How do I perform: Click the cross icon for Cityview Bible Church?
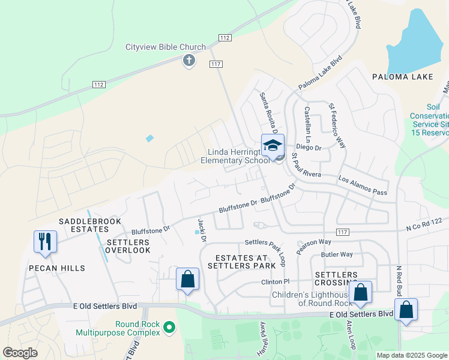189,60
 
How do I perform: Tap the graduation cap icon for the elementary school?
272,146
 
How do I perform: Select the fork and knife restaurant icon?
46,241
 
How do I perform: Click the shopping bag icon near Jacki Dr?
187,279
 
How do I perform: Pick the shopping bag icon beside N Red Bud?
406,310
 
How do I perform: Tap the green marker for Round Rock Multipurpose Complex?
170,328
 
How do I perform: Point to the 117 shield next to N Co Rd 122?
343,232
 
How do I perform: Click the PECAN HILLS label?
55,268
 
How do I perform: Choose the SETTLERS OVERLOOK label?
128,246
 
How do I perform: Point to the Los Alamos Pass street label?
363,185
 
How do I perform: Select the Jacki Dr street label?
203,233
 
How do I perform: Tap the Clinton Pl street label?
275,281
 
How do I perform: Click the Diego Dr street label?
310,148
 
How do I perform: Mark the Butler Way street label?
337,254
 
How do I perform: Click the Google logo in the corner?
20,353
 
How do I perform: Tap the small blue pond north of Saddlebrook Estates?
149,139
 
